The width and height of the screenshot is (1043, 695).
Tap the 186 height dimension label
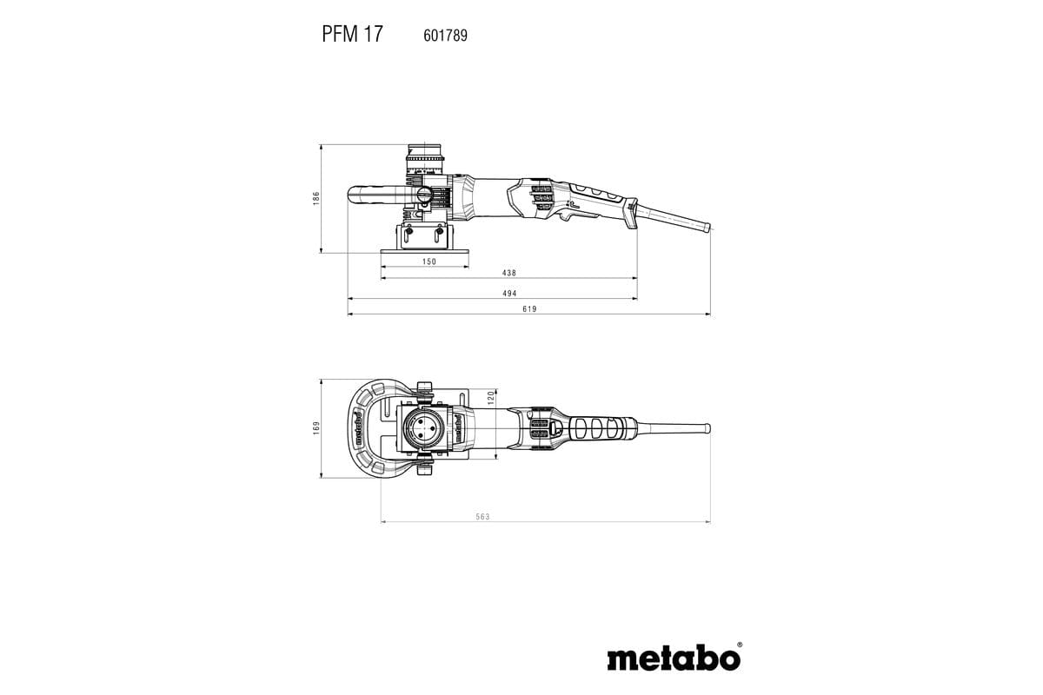point(317,198)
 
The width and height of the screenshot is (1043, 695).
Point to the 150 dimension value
point(428,261)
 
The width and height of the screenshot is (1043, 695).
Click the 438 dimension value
point(509,273)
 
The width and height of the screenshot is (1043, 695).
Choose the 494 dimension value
point(509,294)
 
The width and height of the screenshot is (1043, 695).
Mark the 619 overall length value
point(529,309)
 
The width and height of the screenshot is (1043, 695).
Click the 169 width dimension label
point(317,427)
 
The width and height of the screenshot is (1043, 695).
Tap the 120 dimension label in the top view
point(491,397)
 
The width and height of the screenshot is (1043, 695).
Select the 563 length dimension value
point(482,517)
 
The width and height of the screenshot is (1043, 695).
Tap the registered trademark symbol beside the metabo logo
point(740,645)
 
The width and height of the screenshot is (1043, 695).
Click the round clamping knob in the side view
point(423,196)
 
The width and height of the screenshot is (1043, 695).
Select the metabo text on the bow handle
point(356,427)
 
